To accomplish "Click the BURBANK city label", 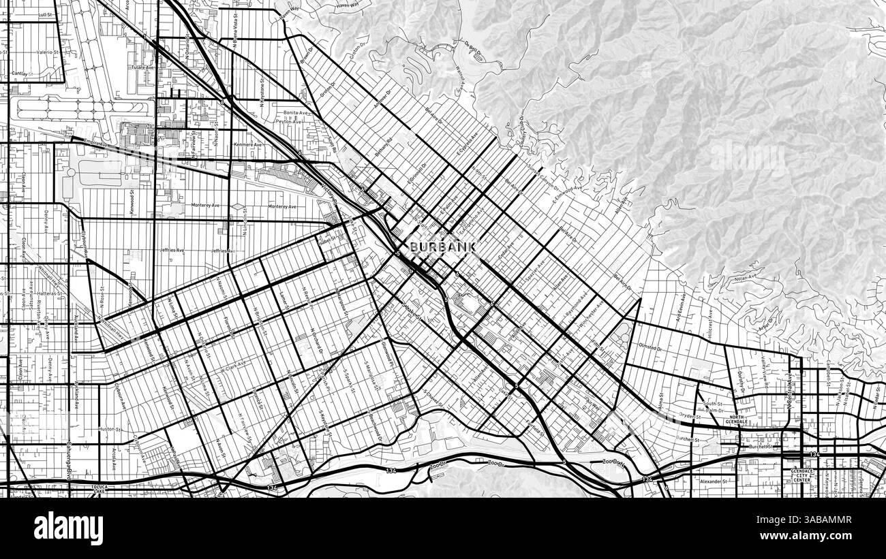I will pyautogui.click(x=442, y=246).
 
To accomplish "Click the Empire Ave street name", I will pyautogui.click(x=97, y=144).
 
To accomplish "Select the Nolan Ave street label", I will pyautogui.click(x=746, y=276).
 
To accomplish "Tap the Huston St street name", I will pyautogui.click(x=110, y=430).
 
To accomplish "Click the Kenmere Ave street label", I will pyautogui.click(x=248, y=144).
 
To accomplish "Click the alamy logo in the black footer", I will pyautogui.click(x=69, y=528).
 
